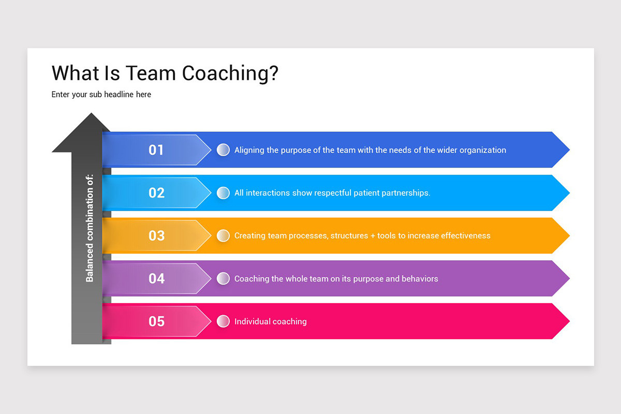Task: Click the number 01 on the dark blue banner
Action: [156, 150]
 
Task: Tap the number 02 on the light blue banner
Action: [156, 193]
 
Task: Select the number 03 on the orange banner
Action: [156, 236]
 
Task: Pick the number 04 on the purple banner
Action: [156, 279]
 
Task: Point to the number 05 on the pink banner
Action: [156, 321]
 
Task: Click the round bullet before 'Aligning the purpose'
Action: [223, 150]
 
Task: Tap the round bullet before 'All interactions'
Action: [223, 193]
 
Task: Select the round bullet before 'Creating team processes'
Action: [223, 236]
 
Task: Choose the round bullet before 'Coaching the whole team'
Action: [223, 279]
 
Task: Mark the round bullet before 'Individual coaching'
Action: [223, 321]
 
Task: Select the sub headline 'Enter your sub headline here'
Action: [101, 95]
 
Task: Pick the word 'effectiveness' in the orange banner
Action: [466, 236]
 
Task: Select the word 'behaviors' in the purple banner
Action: [419, 279]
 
